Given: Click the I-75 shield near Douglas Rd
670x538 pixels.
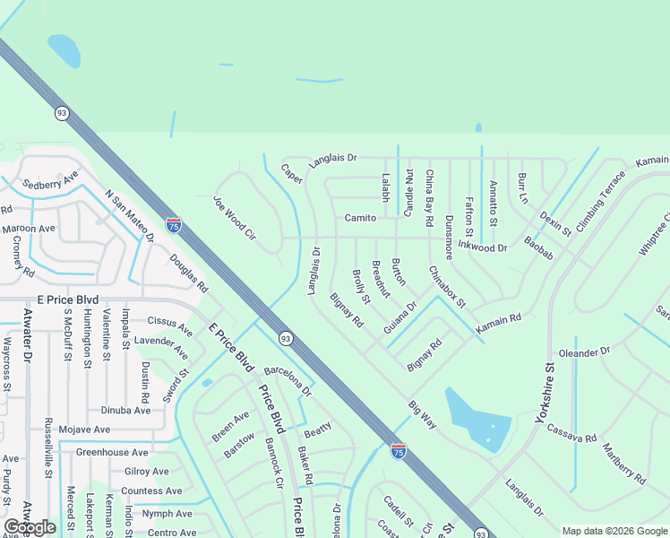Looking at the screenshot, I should point(173,224).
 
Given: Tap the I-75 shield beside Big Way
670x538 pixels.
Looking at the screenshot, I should point(399,450).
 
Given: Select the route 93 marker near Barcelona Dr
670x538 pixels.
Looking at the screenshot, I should point(285,338).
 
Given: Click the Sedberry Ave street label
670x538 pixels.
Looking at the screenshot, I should point(51,183).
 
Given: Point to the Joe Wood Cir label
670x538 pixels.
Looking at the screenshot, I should point(235,218).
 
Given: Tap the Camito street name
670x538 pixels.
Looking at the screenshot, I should point(360,218).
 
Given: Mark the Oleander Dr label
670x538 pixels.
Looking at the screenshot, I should point(584,351).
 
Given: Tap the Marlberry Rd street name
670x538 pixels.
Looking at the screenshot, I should point(623,464).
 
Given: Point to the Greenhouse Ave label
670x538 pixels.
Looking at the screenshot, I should point(111,453).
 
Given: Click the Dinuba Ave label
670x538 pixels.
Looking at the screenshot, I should point(126,410).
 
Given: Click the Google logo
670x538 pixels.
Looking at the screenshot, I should point(30,527).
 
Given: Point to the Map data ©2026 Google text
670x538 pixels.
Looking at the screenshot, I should point(614,531).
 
